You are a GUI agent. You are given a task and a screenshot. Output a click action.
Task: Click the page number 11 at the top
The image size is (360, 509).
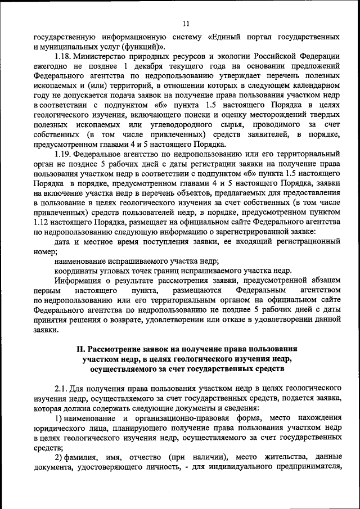[x=186, y=23]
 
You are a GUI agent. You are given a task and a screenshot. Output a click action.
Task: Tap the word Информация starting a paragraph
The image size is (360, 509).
[x=80, y=280]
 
